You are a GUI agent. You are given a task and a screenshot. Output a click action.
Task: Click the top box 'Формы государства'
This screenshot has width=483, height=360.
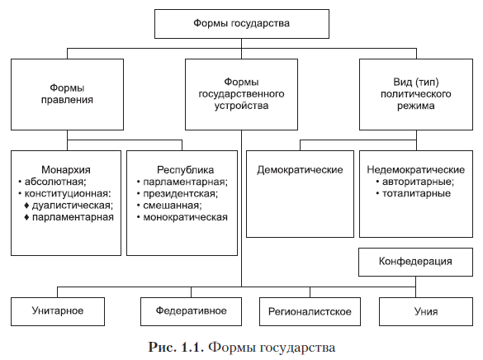tap(241, 24)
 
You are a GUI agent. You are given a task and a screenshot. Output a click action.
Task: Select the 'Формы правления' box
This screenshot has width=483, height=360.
tap(67, 94)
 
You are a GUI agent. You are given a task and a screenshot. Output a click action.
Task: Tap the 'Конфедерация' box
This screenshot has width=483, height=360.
tap(415, 262)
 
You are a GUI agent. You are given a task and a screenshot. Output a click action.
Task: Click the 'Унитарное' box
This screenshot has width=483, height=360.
tap(58, 311)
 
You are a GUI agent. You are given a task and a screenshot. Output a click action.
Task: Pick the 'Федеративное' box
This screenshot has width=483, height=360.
tap(191, 311)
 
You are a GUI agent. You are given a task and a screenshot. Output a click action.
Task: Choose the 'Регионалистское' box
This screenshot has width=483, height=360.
tap(310, 311)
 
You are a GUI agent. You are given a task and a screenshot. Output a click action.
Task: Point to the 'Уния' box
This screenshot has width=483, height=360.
tap(426, 311)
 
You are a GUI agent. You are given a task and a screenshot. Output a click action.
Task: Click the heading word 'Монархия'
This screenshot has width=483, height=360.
tap(66, 170)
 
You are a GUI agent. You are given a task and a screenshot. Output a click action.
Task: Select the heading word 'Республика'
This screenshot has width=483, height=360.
tap(186, 170)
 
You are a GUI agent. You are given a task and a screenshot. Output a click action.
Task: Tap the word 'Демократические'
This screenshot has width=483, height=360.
tap(300, 170)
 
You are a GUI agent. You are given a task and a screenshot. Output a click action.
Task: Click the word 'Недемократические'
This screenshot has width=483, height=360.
tap(416, 170)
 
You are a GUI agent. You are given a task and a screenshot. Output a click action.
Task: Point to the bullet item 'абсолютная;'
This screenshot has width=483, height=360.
tap(55, 182)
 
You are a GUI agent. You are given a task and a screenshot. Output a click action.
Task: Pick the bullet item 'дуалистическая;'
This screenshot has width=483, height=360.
tap(73, 206)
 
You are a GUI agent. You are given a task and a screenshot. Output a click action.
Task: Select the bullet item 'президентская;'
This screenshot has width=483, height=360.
tap(181, 194)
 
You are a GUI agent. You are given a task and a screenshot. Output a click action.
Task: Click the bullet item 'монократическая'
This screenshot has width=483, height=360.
tap(186, 217)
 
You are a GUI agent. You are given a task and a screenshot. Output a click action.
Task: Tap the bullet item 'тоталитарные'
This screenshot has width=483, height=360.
tap(416, 193)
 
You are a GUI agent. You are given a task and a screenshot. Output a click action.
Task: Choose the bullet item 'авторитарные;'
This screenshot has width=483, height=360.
tap(418, 182)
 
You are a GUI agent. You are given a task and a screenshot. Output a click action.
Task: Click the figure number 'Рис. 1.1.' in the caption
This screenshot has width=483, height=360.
tap(176, 347)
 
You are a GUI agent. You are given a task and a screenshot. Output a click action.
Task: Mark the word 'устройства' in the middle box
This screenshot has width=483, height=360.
tap(241, 106)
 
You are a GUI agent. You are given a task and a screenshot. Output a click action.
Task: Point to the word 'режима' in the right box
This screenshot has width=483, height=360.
tap(416, 106)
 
